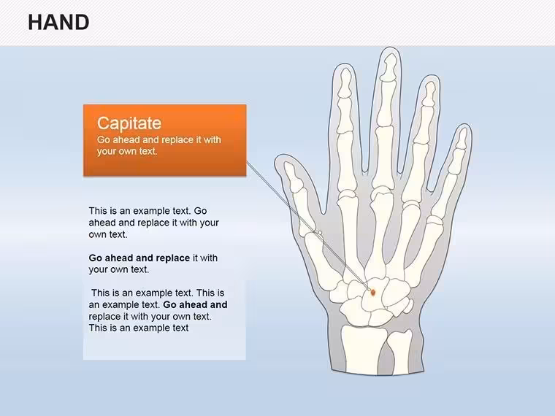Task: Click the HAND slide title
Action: [x=58, y=23]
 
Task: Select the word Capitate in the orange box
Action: [x=129, y=123]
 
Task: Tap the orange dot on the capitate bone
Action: [x=372, y=292]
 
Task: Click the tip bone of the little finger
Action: [x=461, y=139]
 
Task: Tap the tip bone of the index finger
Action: [x=345, y=82]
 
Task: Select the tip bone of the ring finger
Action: [x=429, y=93]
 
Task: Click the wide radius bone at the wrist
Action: [x=362, y=348]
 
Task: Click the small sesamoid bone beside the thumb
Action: [x=320, y=233]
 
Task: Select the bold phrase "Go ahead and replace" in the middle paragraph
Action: [x=139, y=258]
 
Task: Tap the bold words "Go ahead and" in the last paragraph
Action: [x=196, y=304]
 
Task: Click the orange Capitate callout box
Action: [x=165, y=140]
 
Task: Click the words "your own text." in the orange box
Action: [x=127, y=151]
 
